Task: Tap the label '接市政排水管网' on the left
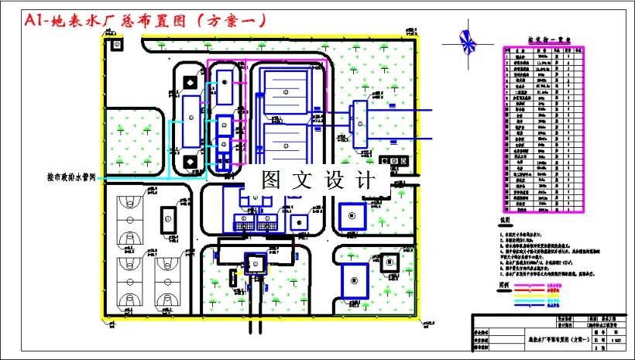click(70, 177)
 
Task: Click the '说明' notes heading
click(505, 221)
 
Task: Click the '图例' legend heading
click(505, 284)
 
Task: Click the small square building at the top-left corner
click(117, 46)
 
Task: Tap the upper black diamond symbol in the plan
click(190, 81)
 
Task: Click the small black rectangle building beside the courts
click(166, 218)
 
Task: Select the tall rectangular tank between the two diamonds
click(190, 122)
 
